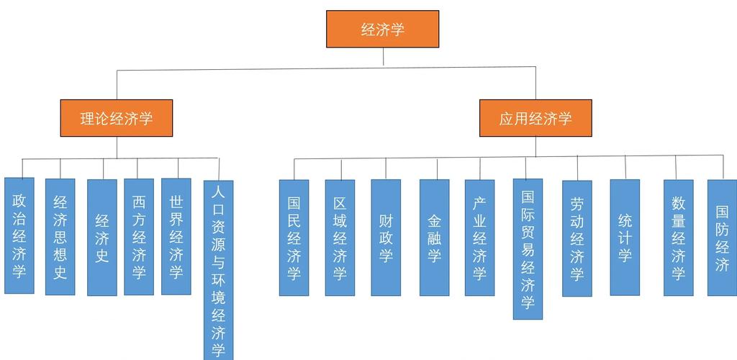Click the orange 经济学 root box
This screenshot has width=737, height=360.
[382, 30]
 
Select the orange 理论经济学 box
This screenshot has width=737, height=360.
[117, 118]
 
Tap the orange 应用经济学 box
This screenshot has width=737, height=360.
[535, 118]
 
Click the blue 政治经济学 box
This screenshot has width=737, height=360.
[19, 235]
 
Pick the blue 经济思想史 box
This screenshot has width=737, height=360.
[60, 237]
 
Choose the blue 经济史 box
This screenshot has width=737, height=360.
[102, 237]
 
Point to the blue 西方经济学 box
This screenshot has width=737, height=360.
[139, 237]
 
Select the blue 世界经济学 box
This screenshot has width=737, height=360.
[176, 236]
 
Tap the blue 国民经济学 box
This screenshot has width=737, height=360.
[294, 238]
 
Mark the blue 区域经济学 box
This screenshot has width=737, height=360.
[340, 238]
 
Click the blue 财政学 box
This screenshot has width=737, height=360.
[386, 238]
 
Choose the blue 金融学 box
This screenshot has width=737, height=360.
[434, 238]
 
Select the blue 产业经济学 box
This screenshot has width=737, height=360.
[479, 238]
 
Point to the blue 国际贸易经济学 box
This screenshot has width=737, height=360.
[528, 249]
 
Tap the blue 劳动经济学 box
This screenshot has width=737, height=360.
[577, 238]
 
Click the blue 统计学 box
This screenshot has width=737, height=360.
[625, 238]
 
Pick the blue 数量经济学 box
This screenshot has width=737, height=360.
[678, 238]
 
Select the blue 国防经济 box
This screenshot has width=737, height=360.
[722, 238]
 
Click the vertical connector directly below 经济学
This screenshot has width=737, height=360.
[383, 57]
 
